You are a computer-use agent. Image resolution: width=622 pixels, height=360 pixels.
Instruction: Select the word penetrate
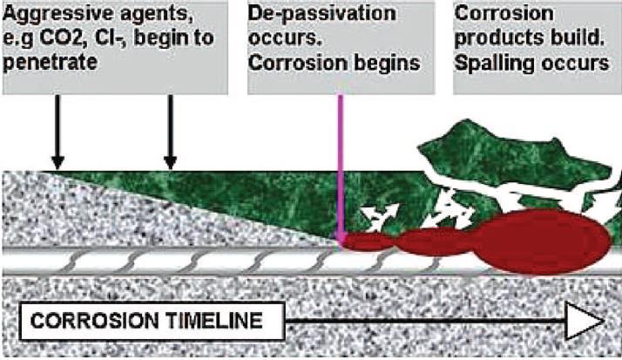click(49, 65)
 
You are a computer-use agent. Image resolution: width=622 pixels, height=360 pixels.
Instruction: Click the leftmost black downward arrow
click(57, 131)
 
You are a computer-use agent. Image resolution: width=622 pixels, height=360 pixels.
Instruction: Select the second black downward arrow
click(170, 131)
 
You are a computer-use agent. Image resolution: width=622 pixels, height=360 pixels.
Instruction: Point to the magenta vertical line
click(340, 166)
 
